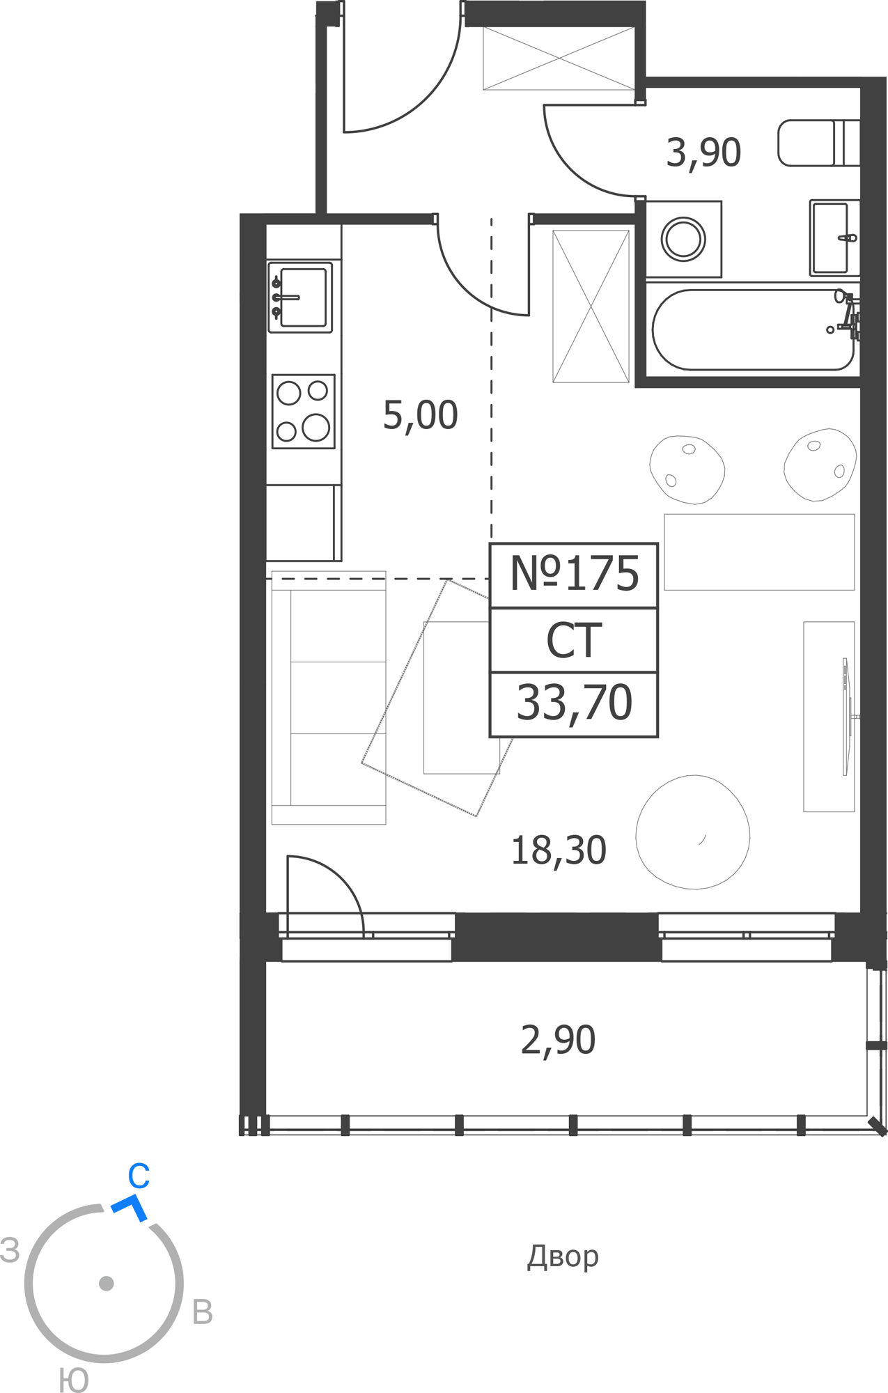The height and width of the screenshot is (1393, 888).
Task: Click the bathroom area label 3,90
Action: click(703, 153)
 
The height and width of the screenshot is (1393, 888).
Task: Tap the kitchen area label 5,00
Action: click(420, 416)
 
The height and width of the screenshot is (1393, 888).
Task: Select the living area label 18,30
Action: click(559, 850)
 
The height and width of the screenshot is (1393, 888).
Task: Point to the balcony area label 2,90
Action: click(558, 1041)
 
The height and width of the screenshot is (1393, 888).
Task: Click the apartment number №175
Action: click(574, 574)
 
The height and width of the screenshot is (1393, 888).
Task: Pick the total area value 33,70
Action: click(574, 703)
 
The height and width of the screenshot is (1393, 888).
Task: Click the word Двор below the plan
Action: click(563, 1256)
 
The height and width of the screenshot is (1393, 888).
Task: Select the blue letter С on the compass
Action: click(139, 1176)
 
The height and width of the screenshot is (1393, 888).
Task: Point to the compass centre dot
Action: click(107, 1283)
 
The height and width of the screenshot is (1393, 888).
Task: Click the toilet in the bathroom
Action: click(819, 143)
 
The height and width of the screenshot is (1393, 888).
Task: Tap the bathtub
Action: click(754, 329)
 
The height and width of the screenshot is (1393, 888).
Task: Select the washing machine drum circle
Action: click(683, 239)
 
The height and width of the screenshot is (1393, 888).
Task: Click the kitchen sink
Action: click(300, 297)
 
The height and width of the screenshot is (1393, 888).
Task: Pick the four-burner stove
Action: click(304, 412)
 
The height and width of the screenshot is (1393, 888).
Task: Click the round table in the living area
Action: click(693, 832)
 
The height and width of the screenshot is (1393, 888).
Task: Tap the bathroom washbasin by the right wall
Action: click(834, 238)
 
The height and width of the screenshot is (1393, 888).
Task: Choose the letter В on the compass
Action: click(202, 1312)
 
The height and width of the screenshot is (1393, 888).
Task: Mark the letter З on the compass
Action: click(10, 1250)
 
